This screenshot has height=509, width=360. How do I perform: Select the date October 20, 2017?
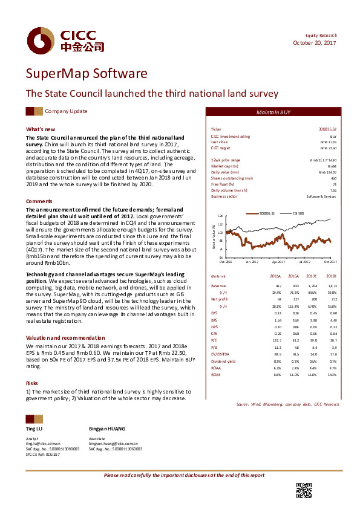315,42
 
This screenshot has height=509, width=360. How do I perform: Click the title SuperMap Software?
86,74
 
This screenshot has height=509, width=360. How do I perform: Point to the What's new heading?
41,129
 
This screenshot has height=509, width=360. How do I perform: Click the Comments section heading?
39,200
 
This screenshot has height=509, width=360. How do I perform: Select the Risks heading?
32,366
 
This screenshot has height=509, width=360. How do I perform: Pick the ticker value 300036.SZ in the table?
327,130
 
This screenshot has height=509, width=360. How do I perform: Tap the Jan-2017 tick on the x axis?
252,262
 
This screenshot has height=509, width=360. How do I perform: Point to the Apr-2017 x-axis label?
278,262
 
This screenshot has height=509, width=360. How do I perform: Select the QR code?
303,491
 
